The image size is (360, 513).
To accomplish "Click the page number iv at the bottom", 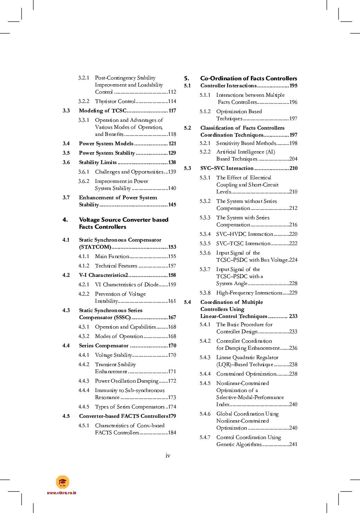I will [168, 455].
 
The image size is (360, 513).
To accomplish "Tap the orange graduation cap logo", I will [62, 482].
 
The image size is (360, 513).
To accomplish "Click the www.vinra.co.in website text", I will [61, 493].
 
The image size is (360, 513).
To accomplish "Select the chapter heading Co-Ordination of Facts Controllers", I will [248, 78].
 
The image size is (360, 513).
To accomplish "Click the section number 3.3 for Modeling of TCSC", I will [66, 111].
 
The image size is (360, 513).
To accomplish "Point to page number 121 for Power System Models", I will [172, 144].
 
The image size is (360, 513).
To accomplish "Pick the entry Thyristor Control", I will [115, 101].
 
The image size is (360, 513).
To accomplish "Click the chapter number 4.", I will [65, 220].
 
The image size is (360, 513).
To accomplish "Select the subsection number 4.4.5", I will [84, 407].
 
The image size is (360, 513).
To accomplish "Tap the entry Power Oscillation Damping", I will [126, 381].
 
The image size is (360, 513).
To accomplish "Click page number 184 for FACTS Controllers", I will [171, 433].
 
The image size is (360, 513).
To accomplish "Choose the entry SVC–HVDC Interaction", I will [245, 234].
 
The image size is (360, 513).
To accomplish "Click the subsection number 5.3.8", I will [205, 293].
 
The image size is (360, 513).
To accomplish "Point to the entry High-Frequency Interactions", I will [249, 293].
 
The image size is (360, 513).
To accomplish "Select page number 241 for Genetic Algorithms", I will [293, 444].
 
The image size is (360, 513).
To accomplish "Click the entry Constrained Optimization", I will [246, 374].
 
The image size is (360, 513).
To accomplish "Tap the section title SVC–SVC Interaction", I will [227, 168].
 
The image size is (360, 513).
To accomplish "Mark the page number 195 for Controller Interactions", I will [293, 86].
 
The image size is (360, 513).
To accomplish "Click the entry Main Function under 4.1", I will [112, 256].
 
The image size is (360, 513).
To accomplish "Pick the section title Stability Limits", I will [98, 163].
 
